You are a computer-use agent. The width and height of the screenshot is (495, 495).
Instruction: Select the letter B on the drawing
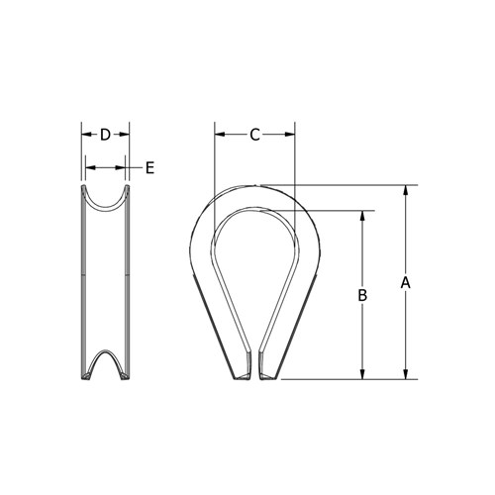click(362, 295)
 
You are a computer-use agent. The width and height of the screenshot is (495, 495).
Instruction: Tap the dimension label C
click(254, 136)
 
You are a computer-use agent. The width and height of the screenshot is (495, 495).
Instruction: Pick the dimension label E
click(149, 168)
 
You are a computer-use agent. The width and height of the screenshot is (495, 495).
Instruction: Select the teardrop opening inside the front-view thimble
click(253, 267)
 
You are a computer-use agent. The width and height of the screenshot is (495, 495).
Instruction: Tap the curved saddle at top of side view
click(105, 201)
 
